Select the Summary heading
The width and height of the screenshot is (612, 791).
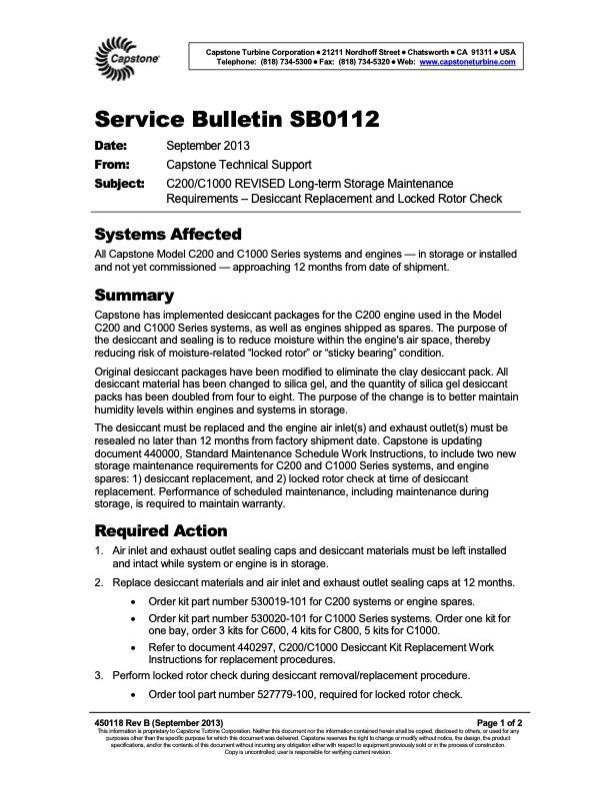134,296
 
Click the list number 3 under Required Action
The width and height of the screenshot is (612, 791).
99,676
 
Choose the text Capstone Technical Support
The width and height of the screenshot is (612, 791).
239,166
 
